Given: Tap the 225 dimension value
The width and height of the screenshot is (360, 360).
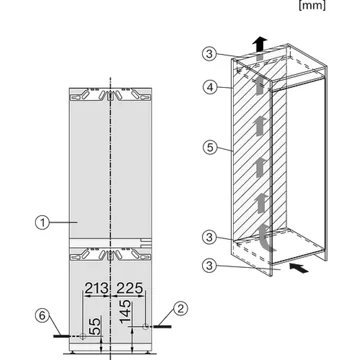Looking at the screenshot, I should pos(130,289).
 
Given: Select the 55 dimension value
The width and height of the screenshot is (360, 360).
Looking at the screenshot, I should pos(92,326).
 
